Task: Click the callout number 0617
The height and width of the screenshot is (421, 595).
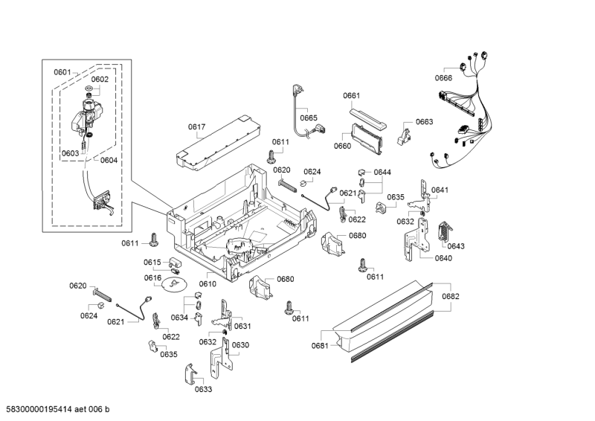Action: click(x=196, y=127)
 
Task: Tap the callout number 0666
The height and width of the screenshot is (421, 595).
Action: click(x=443, y=78)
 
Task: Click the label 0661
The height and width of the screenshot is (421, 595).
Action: click(x=352, y=95)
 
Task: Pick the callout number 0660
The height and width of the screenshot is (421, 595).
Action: click(x=342, y=146)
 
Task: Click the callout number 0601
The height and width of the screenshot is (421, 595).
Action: click(x=62, y=72)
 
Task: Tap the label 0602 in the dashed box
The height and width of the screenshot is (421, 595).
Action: click(x=100, y=79)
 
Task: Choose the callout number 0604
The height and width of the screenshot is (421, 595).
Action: click(x=109, y=160)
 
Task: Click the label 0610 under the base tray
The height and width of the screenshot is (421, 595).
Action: click(x=208, y=283)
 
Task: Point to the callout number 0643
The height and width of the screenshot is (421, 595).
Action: click(x=456, y=246)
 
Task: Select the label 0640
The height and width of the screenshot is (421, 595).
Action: click(x=443, y=258)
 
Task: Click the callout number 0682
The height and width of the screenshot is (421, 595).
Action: click(x=451, y=296)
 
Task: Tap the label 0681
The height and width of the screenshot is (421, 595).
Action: click(x=320, y=345)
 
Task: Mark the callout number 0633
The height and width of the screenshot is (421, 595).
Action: click(x=203, y=389)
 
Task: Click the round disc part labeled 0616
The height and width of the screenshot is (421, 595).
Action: click(x=174, y=283)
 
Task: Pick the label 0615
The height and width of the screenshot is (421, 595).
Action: click(x=152, y=262)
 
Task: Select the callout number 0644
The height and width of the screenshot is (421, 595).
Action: click(x=382, y=172)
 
